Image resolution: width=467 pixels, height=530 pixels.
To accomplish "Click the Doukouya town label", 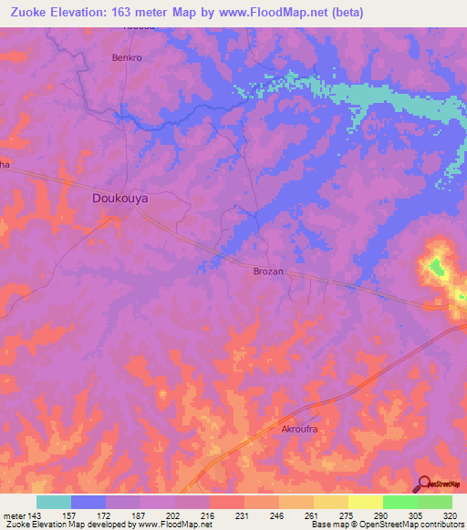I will click(120, 198).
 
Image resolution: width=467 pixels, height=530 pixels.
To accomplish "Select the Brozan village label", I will click(268, 271).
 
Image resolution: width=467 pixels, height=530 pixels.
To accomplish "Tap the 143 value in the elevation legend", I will click(36, 515).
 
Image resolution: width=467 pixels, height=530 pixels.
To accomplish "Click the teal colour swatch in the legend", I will click(53, 502).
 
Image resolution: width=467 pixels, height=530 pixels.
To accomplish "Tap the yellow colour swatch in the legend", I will click(365, 502).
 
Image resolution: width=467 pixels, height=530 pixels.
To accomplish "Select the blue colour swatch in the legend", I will click(88, 502).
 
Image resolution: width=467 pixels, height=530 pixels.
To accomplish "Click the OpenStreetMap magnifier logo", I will click(425, 483).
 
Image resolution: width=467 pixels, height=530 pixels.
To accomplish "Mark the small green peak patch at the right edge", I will click(436, 267).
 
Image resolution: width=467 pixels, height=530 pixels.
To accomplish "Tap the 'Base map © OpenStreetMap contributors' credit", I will click(386, 525).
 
